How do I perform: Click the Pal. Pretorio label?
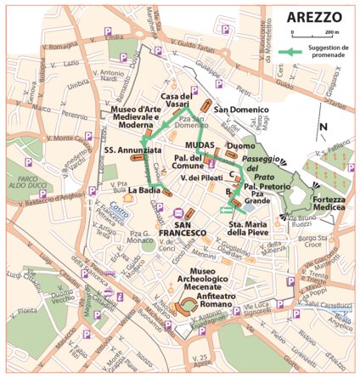tap(264, 185)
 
